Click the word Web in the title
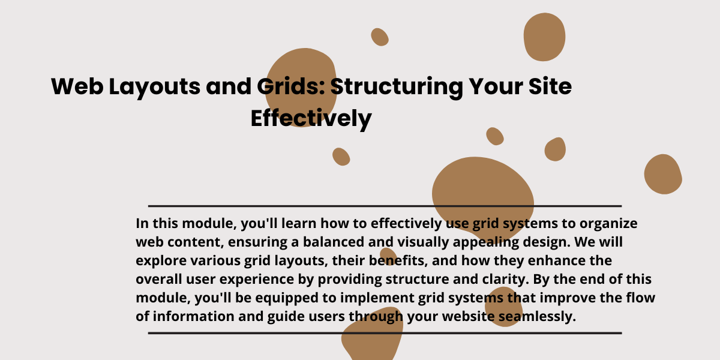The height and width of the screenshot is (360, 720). [x=77, y=86]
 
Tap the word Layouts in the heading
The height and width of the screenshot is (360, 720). [x=155, y=88]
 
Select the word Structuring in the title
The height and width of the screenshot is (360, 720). [x=397, y=88]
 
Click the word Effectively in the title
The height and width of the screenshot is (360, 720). [x=311, y=119]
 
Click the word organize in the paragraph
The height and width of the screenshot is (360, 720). [x=608, y=224]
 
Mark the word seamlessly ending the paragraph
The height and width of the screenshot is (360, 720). [x=537, y=317]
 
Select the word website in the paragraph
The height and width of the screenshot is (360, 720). [x=468, y=317]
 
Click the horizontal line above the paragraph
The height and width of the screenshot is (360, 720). [x=385, y=206]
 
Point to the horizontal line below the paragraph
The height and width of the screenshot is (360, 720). [x=385, y=334]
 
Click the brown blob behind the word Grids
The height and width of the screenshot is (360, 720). [x=301, y=87]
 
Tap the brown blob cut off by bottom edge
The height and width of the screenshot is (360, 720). [x=372, y=337]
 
